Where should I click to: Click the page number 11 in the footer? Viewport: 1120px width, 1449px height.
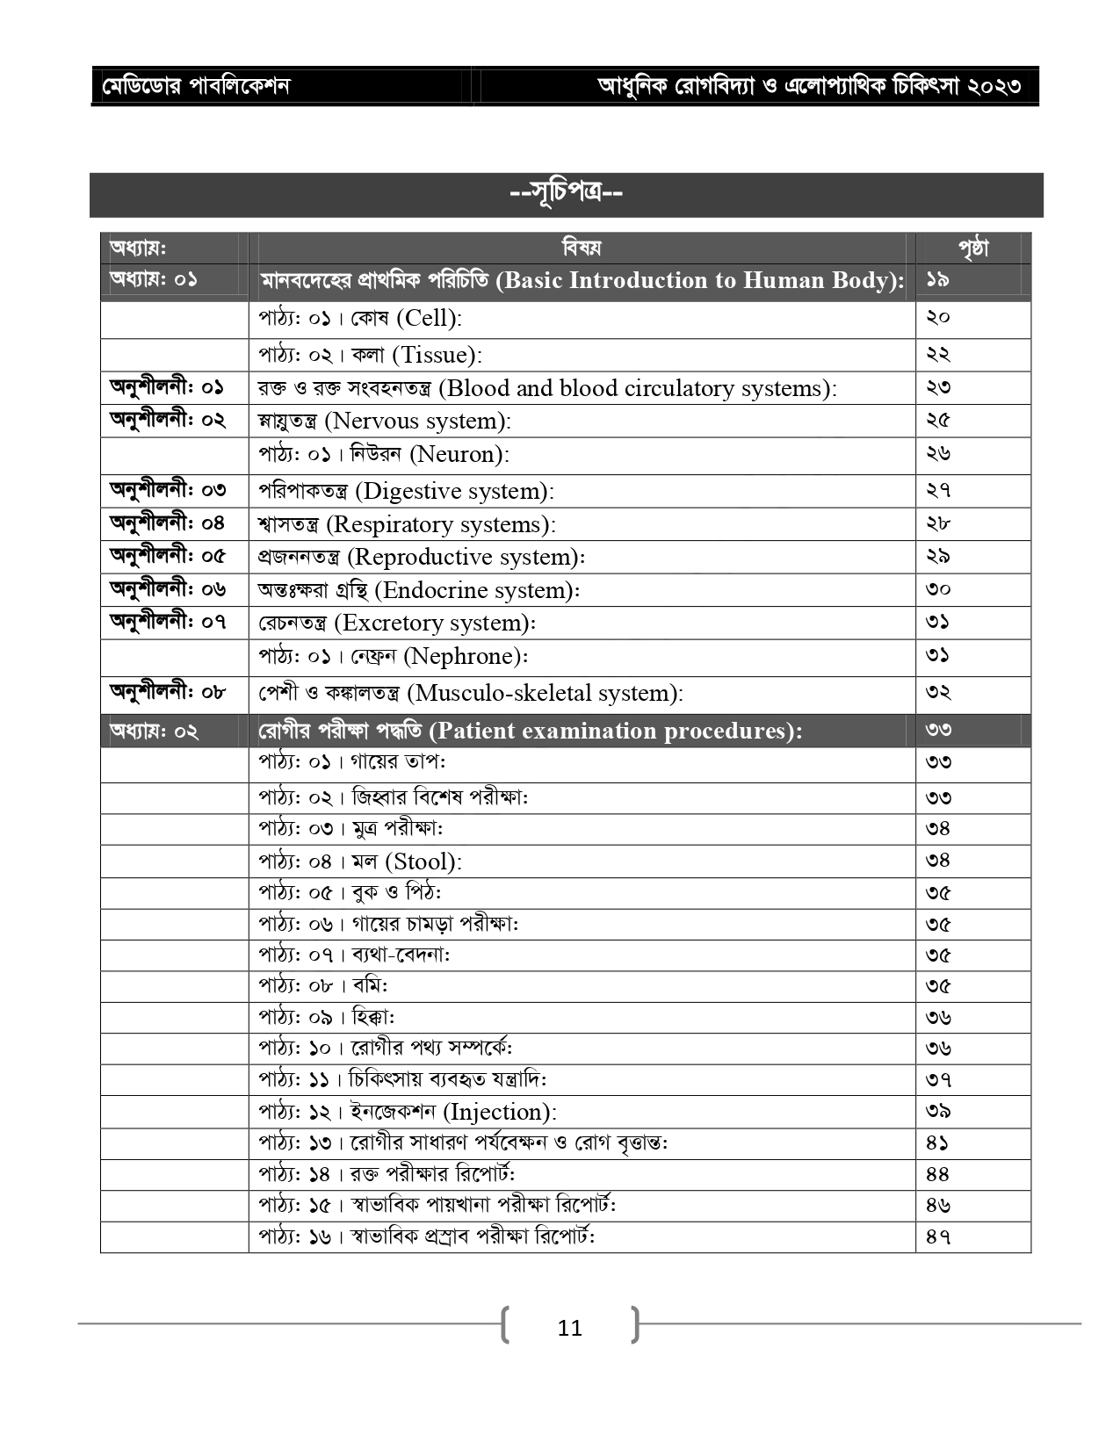569,1328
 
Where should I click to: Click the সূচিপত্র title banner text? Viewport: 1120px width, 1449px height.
567,192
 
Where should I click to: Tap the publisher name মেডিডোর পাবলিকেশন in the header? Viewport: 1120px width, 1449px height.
196,86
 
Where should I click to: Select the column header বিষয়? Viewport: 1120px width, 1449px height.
582,248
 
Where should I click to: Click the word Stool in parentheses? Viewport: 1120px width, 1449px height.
423,861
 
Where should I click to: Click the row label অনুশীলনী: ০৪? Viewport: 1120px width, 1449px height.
167,523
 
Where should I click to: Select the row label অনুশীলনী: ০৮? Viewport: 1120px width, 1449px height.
167,692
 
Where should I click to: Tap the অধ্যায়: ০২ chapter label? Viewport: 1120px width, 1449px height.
154,731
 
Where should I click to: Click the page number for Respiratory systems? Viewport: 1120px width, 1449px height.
937,523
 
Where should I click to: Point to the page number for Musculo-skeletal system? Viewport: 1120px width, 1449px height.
937,692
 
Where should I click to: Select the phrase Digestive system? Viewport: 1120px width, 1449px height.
453,491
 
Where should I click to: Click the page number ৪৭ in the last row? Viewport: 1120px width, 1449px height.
937,1236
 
